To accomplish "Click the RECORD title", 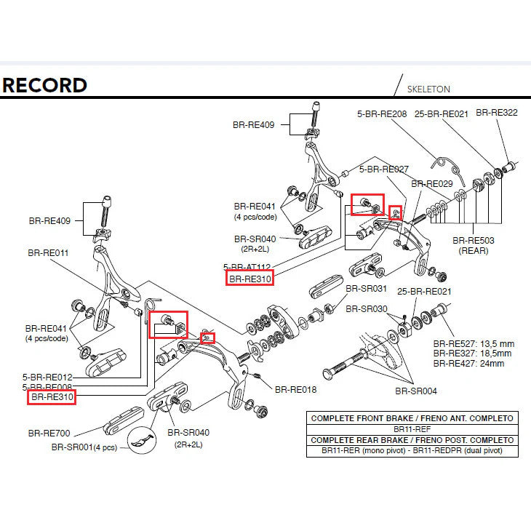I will (44, 85).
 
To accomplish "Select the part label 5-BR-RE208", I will (382, 113).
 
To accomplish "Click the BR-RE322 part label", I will (497, 113).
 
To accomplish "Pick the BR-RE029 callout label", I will (432, 184).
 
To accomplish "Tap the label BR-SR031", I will (365, 289).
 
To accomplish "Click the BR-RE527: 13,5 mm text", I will (474, 343).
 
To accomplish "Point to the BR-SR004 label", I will (416, 391).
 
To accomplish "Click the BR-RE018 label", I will (296, 389).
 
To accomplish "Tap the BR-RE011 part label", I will (48, 253).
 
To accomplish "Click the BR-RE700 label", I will (49, 433).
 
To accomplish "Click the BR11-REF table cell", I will (412, 429).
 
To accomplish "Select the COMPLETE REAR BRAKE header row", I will (412, 440).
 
